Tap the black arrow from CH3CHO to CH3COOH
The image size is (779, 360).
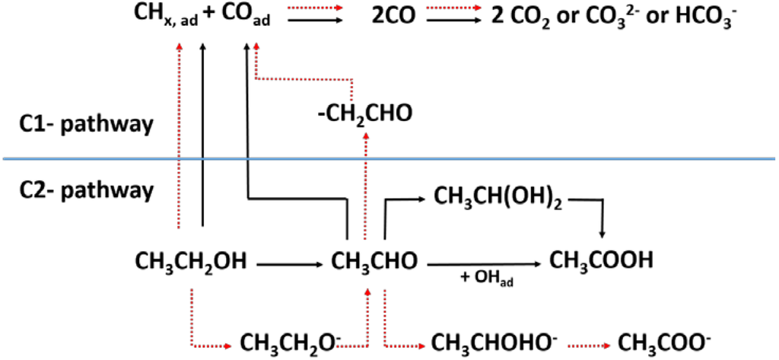tap(485, 264)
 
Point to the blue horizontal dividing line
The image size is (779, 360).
tap(533, 158)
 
